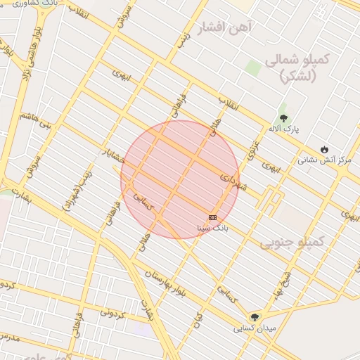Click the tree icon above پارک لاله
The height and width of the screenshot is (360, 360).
(x=284, y=118)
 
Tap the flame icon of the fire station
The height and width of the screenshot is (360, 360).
(x=323, y=149)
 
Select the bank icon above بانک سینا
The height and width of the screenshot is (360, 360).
(x=213, y=217)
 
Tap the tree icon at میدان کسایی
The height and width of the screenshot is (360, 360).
(x=255, y=316)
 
